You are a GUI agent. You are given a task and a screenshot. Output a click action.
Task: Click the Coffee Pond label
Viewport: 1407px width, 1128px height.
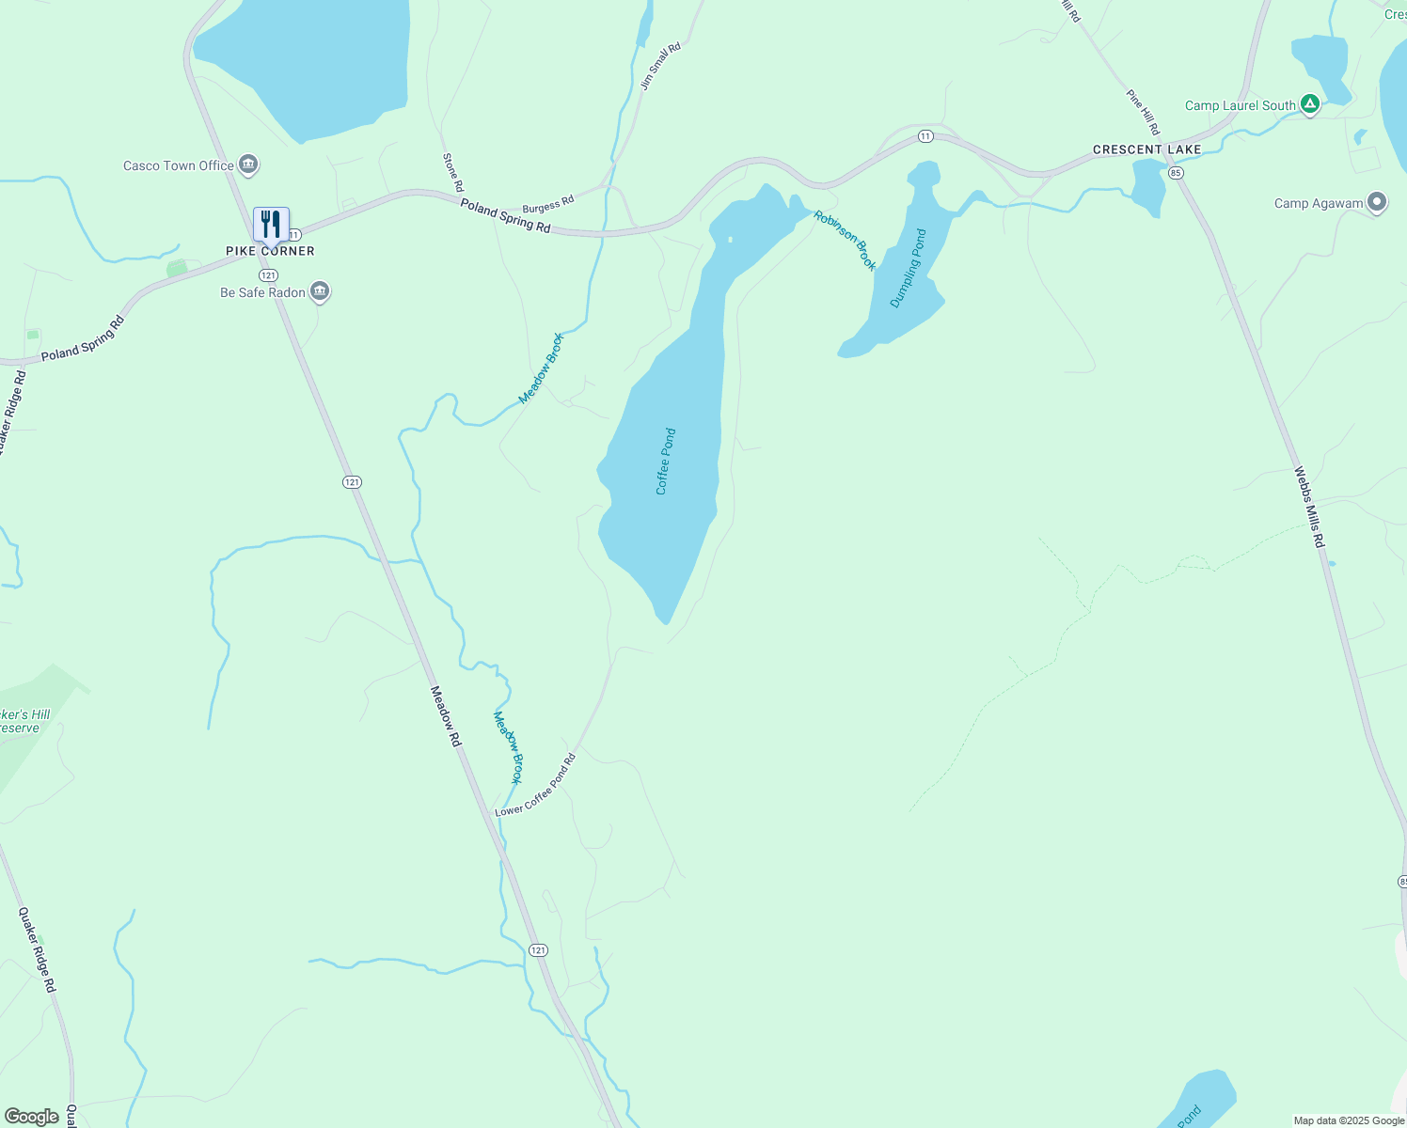(x=666, y=462)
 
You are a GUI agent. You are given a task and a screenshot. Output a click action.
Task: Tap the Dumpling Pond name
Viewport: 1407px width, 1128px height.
(x=909, y=268)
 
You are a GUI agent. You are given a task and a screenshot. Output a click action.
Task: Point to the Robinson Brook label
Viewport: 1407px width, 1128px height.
(x=845, y=241)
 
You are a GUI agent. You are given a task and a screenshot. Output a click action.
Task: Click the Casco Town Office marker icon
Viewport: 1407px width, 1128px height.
(x=248, y=165)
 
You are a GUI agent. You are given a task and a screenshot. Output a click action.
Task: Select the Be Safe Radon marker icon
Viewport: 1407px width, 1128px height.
(x=320, y=292)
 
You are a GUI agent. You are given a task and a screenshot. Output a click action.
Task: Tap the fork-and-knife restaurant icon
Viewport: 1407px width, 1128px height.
(x=271, y=225)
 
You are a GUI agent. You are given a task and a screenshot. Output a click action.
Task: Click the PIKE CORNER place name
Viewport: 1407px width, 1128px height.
(x=270, y=251)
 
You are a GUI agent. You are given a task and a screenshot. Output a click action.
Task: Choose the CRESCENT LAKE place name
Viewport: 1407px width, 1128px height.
(x=1146, y=149)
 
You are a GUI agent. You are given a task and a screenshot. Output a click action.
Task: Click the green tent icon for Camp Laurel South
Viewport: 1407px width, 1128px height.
(x=1309, y=105)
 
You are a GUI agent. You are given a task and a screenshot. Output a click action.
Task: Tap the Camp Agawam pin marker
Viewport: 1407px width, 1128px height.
(x=1377, y=203)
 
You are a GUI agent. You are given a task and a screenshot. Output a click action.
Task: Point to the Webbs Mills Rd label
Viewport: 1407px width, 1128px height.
(x=1308, y=508)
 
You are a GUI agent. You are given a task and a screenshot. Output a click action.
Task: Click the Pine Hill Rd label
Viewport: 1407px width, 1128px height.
(x=1143, y=112)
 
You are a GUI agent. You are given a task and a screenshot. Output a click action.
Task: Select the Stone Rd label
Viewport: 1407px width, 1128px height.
(x=452, y=173)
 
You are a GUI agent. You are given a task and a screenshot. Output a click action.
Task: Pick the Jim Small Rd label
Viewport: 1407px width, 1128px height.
(x=659, y=67)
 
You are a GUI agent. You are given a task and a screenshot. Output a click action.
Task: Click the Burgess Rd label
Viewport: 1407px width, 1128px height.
(x=547, y=205)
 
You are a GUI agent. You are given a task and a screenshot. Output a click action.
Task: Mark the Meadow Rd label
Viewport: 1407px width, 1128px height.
(x=446, y=716)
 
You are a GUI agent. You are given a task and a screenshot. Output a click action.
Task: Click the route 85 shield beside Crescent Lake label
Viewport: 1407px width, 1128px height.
(x=1175, y=173)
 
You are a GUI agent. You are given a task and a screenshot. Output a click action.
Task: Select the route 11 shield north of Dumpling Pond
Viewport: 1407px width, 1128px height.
(x=925, y=136)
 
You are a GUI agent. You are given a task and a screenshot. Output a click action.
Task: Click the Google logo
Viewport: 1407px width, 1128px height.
(x=32, y=1117)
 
